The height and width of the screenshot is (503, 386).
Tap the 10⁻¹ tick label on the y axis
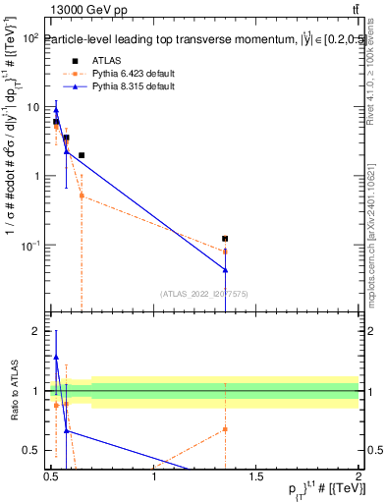point(29,245)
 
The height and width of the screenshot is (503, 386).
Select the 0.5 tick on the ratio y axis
point(35,450)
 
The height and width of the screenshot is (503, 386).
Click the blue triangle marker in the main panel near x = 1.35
point(226,269)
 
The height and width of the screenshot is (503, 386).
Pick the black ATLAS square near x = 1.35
point(226,239)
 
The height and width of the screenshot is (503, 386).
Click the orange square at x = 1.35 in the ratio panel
point(226,429)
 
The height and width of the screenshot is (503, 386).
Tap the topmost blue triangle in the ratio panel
point(56,358)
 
